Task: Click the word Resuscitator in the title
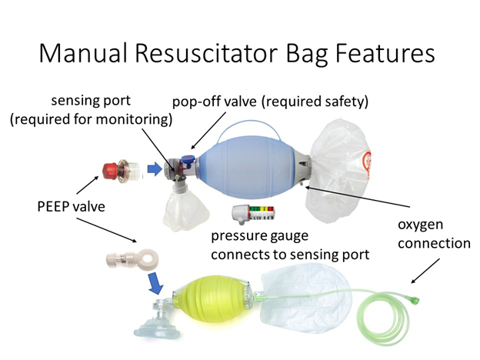(x=205, y=52)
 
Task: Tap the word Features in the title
(x=385, y=52)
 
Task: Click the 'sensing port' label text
(x=91, y=101)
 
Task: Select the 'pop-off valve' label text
(x=215, y=102)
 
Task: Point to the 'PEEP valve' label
(x=71, y=207)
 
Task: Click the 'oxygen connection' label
(x=434, y=234)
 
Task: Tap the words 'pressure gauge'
(x=259, y=236)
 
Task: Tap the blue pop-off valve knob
(x=188, y=158)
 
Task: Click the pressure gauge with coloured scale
(x=253, y=213)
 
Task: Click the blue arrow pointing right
(x=155, y=168)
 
